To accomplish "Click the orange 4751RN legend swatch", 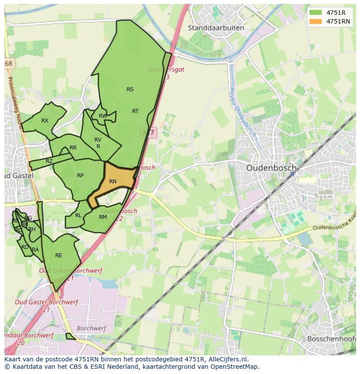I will pyautogui.click(x=316, y=21).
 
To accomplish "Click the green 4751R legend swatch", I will pyautogui.click(x=316, y=13).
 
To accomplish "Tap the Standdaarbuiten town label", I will pyautogui.click(x=216, y=28).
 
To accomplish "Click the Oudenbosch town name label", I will pyautogui.click(x=271, y=168).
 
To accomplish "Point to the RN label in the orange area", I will pyautogui.click(x=113, y=182).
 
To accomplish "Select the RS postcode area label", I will pyautogui.click(x=130, y=89).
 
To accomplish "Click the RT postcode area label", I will pyautogui.click(x=135, y=111).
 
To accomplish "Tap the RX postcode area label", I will pyautogui.click(x=45, y=121).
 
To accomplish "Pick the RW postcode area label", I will pyautogui.click(x=103, y=116).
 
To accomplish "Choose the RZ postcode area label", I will pyautogui.click(x=49, y=161).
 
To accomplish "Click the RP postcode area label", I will pyautogui.click(x=80, y=175).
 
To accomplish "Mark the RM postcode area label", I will pyautogui.click(x=103, y=217).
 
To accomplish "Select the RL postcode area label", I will pyautogui.click(x=78, y=215).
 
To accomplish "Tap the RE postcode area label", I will pyautogui.click(x=59, y=255).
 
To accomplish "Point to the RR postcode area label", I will pyautogui.click(x=73, y=148).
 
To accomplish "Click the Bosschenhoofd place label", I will pyautogui.click(x=333, y=338).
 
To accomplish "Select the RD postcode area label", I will pyautogui.click(x=25, y=247).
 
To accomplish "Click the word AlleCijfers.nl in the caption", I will pyautogui.click(x=227, y=359).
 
